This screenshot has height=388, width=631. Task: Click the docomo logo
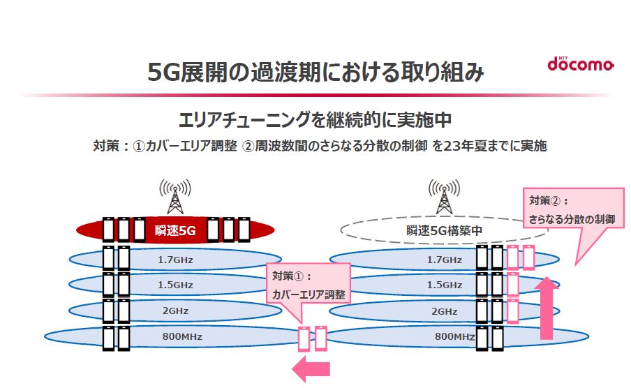pos(580,64)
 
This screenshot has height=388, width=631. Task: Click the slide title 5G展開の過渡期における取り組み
pos(315,72)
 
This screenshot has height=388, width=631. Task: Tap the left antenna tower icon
pos(175,197)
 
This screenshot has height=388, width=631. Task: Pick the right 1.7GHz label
pos(445,260)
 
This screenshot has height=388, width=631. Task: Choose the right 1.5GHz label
pos(445,285)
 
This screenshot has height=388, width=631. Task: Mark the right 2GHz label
pos(445,311)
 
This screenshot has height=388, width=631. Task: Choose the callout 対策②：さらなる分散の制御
pos(572,209)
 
